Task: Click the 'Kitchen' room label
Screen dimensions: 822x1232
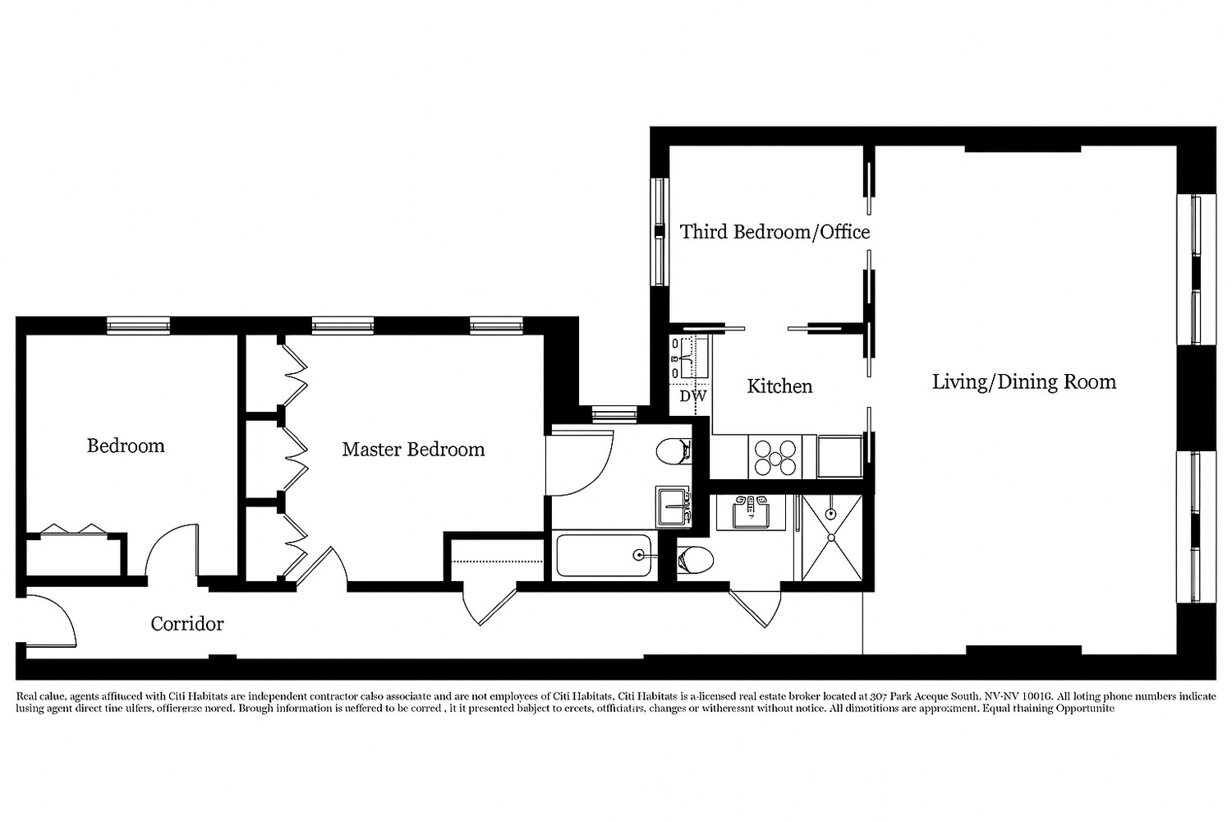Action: pos(779,386)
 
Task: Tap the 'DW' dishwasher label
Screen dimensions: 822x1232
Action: pos(692,396)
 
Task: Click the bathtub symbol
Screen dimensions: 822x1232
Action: pos(605,556)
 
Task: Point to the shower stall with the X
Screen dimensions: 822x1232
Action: pos(831,538)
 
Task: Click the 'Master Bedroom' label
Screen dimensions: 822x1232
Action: pos(413,450)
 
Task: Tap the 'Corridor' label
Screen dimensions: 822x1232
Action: pos(187,624)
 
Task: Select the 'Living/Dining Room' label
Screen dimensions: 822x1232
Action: pos(1023,381)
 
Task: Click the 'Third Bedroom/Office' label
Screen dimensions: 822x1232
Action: pos(775,232)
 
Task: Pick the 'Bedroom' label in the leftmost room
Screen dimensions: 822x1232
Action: pos(126,446)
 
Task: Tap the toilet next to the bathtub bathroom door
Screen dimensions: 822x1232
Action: pos(673,450)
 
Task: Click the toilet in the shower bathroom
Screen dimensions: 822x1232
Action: pos(694,561)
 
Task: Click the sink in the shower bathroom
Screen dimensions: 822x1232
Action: pos(750,513)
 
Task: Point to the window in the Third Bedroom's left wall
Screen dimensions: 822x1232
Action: pos(659,232)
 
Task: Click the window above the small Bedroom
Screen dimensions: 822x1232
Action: pos(138,326)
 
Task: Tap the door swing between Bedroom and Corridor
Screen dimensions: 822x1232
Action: pos(172,551)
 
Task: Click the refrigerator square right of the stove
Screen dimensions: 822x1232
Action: pos(839,456)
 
